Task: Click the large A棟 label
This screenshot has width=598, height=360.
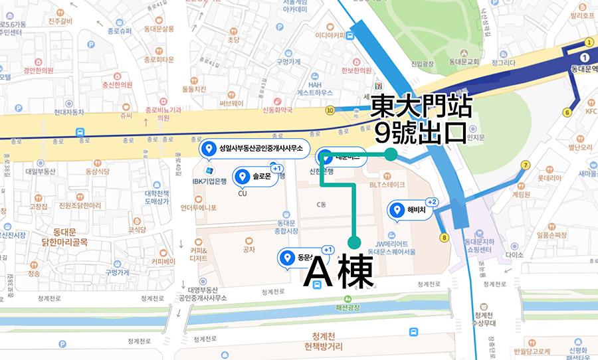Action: coord(338,273)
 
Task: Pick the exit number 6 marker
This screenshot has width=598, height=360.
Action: coord(567,112)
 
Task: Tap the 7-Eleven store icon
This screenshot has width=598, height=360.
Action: coord(379,85)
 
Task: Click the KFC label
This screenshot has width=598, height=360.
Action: coord(591,112)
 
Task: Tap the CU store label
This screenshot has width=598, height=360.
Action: coord(243,195)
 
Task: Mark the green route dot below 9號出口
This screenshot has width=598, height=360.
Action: coord(391,154)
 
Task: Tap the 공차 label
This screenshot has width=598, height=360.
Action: coord(249,249)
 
